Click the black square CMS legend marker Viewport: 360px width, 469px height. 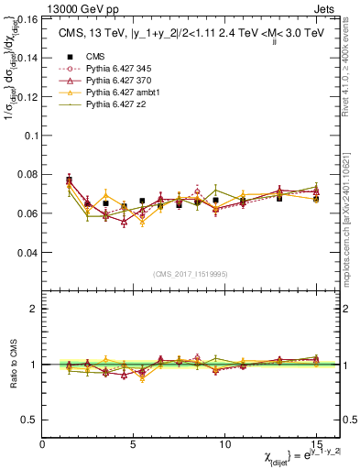click(x=68, y=56)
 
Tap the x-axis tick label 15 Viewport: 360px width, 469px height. click(x=316, y=444)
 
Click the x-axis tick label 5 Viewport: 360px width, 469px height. click(x=134, y=444)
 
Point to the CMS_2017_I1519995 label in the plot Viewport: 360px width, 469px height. click(x=191, y=274)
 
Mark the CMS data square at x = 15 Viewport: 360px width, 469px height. click(x=316, y=198)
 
